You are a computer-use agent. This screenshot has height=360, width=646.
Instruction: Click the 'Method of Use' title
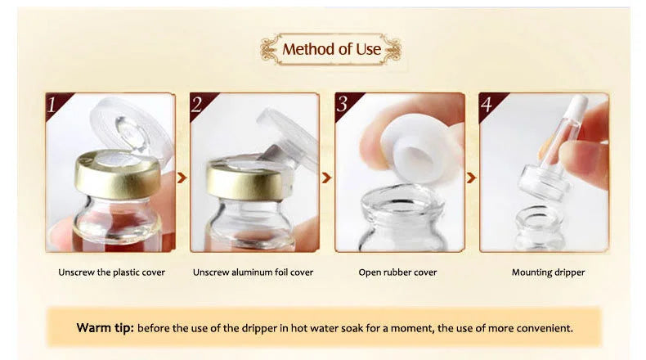tap(331, 49)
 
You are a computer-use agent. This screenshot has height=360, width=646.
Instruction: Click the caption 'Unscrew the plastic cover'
tap(110, 272)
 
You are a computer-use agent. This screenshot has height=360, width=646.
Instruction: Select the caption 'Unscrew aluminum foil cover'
tap(253, 272)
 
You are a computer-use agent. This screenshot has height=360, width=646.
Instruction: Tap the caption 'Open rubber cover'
tap(398, 272)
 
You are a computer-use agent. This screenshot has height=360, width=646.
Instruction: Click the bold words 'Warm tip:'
tap(105, 327)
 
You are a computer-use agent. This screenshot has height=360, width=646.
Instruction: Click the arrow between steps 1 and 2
tap(182, 176)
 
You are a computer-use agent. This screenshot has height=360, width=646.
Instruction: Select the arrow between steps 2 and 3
tap(326, 176)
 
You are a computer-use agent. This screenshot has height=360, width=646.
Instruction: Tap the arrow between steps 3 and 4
tap(470, 176)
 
